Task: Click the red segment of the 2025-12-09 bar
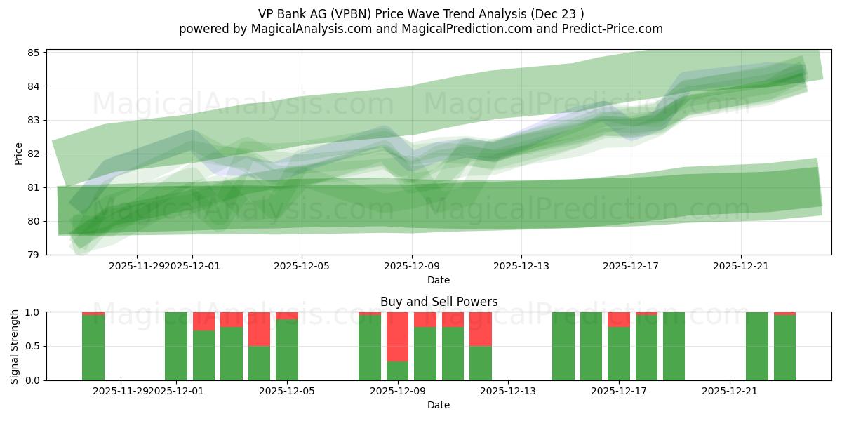(397, 336)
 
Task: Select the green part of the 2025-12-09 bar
(397, 370)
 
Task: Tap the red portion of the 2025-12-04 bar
(259, 328)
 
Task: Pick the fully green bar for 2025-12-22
(756, 346)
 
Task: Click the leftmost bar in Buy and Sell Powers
(93, 347)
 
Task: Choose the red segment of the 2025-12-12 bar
(480, 328)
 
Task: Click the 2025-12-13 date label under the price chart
(521, 266)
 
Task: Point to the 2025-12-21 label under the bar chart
(730, 391)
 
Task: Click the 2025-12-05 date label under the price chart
(302, 266)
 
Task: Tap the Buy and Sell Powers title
(439, 302)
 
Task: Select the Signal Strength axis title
(15, 346)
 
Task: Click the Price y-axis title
(18, 154)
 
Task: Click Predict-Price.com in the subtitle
(614, 29)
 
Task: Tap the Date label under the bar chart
(439, 405)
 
